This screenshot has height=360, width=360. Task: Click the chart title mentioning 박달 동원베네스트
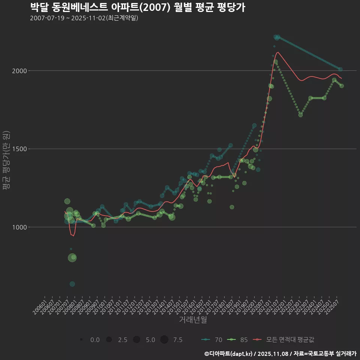tap(137, 7)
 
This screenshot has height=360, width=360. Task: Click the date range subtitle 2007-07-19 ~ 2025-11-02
tap(84, 18)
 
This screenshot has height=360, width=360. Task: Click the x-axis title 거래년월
tap(193, 319)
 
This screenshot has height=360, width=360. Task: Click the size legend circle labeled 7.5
tap(164, 340)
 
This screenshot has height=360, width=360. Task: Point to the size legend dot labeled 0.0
tap(81, 340)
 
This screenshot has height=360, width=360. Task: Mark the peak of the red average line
tap(277, 52)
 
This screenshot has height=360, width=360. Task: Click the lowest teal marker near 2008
tap(72, 284)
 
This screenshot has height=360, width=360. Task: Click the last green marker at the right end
tap(342, 86)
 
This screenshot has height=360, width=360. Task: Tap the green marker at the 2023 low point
tap(300, 115)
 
